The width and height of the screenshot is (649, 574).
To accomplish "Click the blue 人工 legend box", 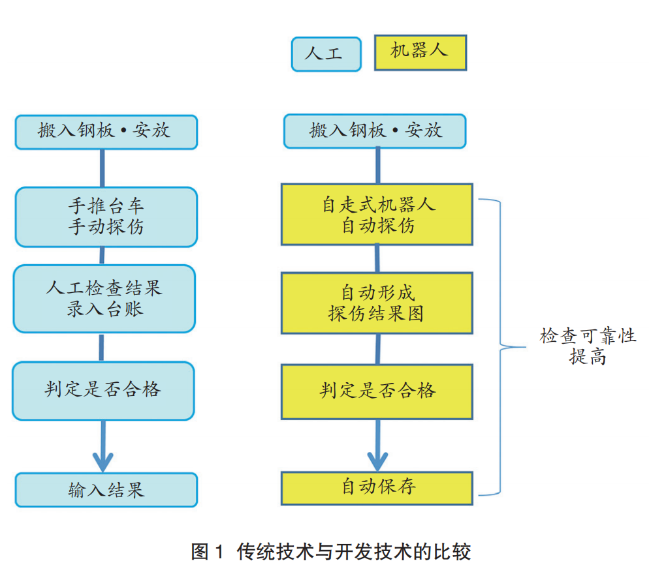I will coord(326,54).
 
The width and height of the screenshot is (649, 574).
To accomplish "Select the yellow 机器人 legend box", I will coord(420,52).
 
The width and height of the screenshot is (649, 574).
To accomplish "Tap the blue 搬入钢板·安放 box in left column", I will coord(106,132).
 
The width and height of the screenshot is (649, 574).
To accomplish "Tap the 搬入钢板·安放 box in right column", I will coord(375,131).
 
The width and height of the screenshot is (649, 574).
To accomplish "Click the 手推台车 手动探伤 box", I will coord(106,217).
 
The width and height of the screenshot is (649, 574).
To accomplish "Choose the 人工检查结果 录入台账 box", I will coord(104,299).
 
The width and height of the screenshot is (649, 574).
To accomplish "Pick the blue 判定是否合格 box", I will coord(104,391).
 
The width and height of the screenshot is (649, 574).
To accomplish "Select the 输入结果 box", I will coord(106,490).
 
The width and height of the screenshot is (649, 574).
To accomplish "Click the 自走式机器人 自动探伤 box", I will coord(377,215).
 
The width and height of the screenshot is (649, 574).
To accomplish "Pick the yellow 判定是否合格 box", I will coord(377,391).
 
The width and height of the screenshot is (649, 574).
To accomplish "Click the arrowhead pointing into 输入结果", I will coord(103,459).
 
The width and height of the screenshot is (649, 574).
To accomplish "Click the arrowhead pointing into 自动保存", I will coord(377,459).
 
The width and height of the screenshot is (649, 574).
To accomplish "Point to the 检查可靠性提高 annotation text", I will coord(587,346).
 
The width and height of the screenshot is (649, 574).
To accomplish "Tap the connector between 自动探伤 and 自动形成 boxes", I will coord(377,259).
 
